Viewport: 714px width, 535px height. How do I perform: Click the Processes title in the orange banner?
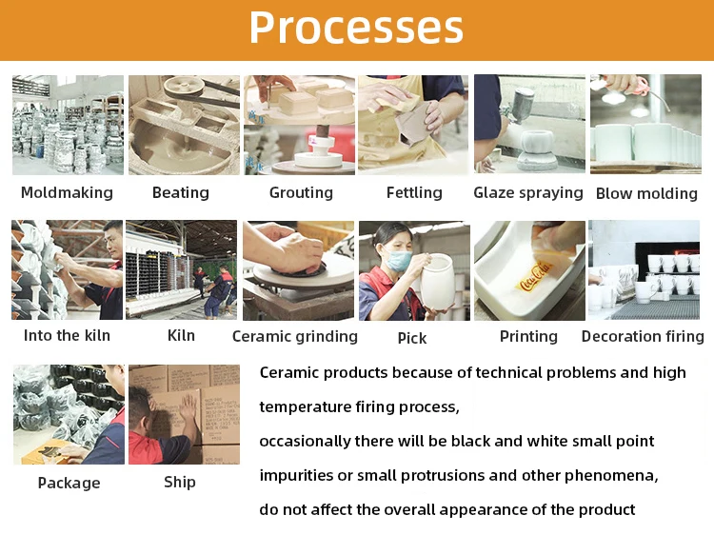356,29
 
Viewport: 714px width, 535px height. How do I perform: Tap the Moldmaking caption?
67,192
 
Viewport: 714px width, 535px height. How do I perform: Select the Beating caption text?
181,192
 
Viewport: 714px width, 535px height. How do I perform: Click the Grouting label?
301,192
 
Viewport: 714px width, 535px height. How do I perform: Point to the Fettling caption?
414,192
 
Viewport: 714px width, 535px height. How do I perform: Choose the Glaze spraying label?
528,193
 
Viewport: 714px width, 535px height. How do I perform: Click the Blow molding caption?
646,193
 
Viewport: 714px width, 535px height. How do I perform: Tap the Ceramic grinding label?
295,336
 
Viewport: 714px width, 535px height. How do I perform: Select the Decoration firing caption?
643,336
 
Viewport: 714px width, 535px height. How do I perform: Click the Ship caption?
180,483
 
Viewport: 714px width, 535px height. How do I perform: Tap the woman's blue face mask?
398,260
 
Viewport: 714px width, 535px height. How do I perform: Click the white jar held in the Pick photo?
437,283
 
